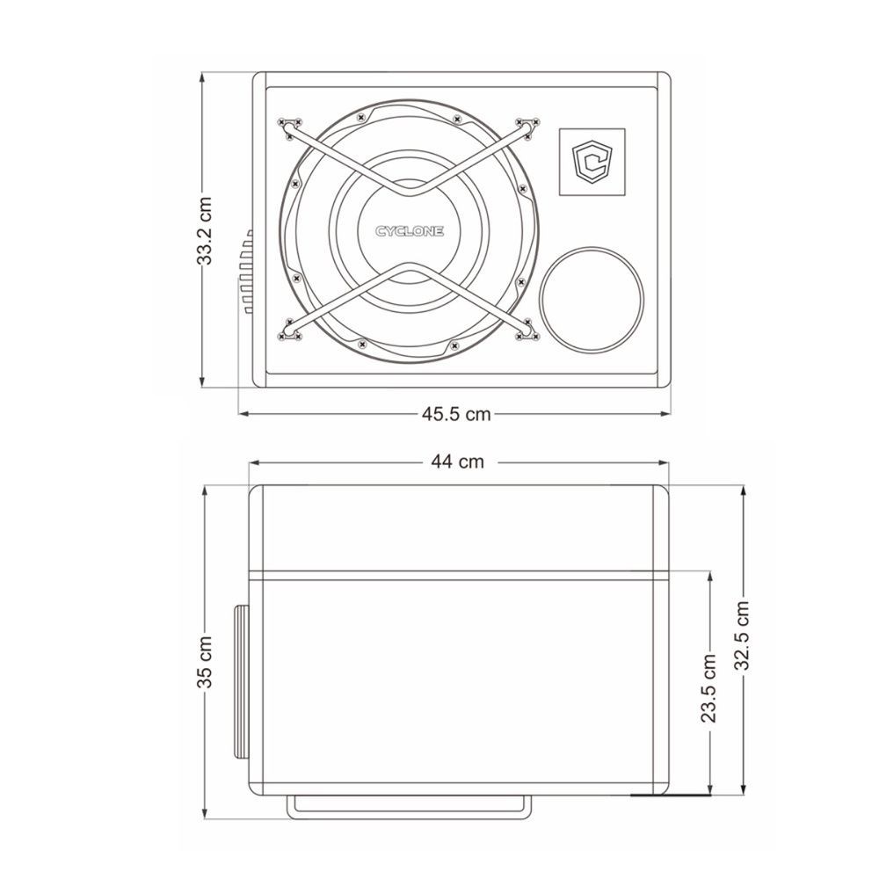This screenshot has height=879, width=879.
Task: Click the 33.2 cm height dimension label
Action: (x=207, y=230)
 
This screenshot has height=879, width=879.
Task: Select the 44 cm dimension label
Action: (x=457, y=461)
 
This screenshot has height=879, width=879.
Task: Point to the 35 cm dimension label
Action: (x=204, y=661)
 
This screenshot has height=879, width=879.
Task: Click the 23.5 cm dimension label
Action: (x=709, y=687)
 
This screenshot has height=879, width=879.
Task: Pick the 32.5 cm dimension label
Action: (x=742, y=636)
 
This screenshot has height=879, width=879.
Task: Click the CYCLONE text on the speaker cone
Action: (x=410, y=231)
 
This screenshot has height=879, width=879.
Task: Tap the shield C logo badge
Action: (x=592, y=162)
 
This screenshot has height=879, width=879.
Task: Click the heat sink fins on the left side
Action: (x=246, y=272)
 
